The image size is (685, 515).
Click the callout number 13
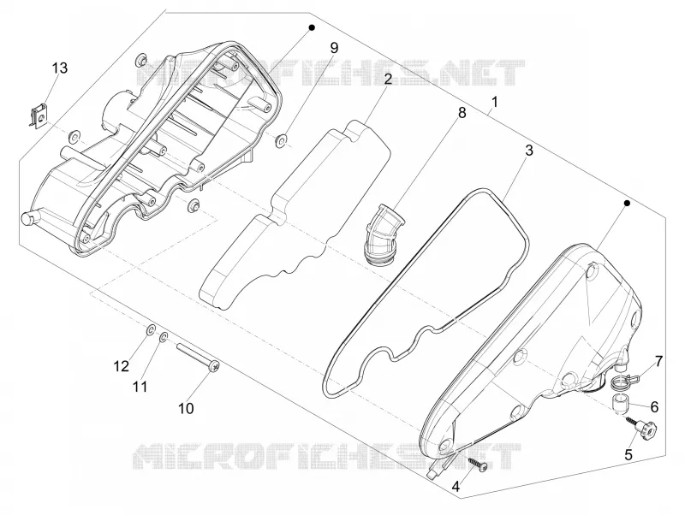tap(60, 68)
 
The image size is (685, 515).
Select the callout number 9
tap(334, 48)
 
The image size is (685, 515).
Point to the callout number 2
tap(388, 79)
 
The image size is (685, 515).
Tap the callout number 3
tap(529, 151)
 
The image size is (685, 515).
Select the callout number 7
tap(658, 361)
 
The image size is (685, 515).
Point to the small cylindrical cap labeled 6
tap(618, 403)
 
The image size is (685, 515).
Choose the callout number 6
tap(654, 407)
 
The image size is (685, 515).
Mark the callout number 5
tap(628, 455)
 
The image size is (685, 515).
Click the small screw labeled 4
tap(478, 464)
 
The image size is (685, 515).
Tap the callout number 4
tap(456, 486)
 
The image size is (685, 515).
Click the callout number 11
tap(140, 387)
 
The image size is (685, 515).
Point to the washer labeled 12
tap(150, 330)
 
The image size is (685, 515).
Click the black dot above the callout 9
tap(312, 27)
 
